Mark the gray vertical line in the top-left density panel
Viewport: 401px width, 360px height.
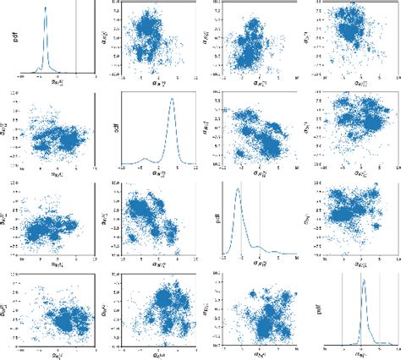pyautogui.click(x=76, y=42)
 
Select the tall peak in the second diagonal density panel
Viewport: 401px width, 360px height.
pyautogui.click(x=173, y=99)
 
